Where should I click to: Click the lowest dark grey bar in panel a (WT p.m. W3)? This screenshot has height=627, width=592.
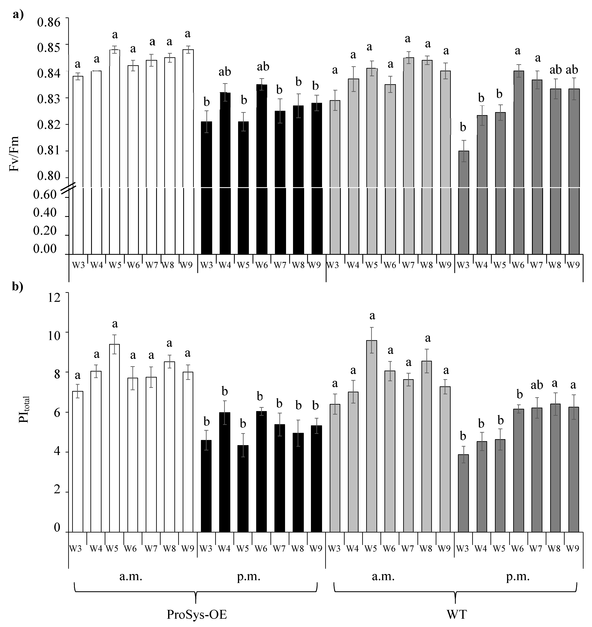(463, 202)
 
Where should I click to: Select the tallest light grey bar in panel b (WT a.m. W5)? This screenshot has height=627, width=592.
(371, 436)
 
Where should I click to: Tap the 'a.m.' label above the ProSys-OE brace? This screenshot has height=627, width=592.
(131, 577)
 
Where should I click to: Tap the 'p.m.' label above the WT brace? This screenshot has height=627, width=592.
(518, 577)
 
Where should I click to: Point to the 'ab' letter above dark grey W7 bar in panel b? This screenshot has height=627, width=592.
(537, 385)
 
